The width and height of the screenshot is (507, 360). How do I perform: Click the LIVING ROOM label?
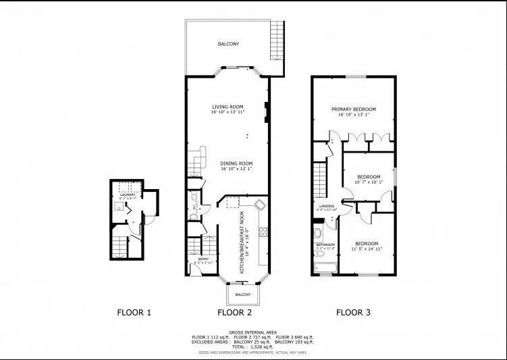click(x=227, y=107)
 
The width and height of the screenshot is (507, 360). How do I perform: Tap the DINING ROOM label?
click(x=236, y=163)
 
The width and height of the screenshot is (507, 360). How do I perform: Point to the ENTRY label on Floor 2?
click(x=203, y=258)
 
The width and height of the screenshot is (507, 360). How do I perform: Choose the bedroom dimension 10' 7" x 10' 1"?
click(x=369, y=182)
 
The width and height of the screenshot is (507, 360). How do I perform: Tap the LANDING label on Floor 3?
click(x=327, y=206)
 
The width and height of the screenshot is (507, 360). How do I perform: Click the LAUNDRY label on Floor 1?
click(x=128, y=195)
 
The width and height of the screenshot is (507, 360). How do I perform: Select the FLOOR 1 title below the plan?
click(x=134, y=312)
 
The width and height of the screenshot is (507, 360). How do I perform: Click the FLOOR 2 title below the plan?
click(x=234, y=312)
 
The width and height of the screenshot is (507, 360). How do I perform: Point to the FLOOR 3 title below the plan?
click(x=353, y=312)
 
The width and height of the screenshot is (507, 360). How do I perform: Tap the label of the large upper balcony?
click(x=228, y=44)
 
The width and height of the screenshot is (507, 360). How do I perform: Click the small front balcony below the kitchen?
click(x=242, y=295)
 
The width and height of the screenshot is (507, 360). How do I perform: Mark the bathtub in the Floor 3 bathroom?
click(x=326, y=271)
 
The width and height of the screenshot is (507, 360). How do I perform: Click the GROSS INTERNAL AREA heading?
click(x=252, y=332)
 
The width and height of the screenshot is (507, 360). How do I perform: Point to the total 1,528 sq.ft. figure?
click(x=260, y=346)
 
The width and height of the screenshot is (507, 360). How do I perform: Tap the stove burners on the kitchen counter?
click(x=265, y=234)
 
